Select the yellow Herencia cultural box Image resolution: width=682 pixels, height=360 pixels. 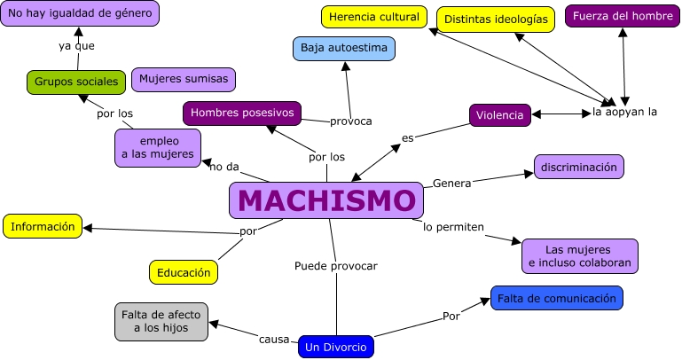tap(372, 17)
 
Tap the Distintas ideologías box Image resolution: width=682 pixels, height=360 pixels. tap(496, 19)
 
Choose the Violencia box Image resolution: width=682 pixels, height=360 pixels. tap(500, 114)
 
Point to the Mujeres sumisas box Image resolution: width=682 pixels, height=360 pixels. tap(184, 79)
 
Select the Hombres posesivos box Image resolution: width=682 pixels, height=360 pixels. tap(242, 113)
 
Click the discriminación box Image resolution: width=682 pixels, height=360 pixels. tap(579, 167)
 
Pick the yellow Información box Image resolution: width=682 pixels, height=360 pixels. tap(43, 226)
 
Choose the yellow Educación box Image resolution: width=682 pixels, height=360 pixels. tap(184, 272)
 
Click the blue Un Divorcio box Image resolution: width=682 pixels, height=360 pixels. tap(336, 347)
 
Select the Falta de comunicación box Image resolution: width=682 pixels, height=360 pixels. tap(557, 299)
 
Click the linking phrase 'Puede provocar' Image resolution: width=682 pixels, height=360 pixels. tap(336, 265)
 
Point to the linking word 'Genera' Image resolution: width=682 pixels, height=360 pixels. tap(451, 183)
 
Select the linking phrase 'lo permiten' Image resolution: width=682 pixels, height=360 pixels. tap(453, 227)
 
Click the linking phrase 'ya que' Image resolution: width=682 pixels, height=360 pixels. tap(76, 46)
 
